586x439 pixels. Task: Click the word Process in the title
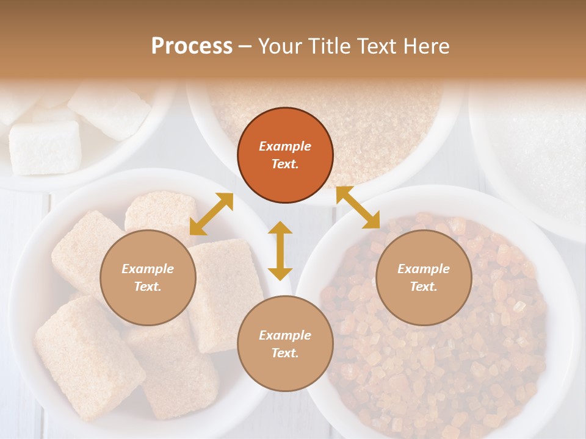pyautogui.click(x=192, y=46)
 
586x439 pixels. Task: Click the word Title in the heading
pyautogui.click(x=328, y=46)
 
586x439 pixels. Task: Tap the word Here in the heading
pyautogui.click(x=425, y=46)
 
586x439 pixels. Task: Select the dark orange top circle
pyautogui.click(x=285, y=155)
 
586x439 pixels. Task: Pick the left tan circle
pyautogui.click(x=148, y=277)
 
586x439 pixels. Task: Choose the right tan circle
pyautogui.click(x=424, y=277)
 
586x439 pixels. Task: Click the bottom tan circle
pyautogui.click(x=285, y=344)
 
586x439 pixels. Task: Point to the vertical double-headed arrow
pyautogui.click(x=280, y=251)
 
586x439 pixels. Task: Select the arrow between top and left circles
pyautogui.click(x=211, y=214)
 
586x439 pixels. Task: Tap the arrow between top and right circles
pyautogui.click(x=358, y=207)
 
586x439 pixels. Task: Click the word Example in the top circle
pyautogui.click(x=285, y=146)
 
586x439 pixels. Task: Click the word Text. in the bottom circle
pyautogui.click(x=285, y=353)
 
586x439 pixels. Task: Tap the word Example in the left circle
pyautogui.click(x=148, y=269)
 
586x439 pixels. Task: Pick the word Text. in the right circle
pyautogui.click(x=424, y=287)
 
